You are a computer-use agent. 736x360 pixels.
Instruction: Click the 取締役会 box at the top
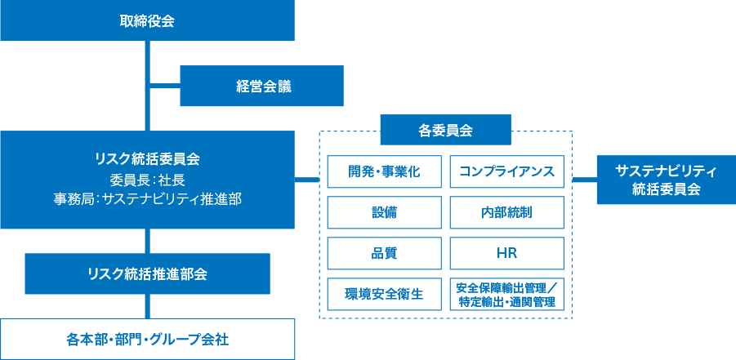pyautogui.click(x=147, y=20)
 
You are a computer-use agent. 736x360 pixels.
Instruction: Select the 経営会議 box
pyautogui.click(x=263, y=86)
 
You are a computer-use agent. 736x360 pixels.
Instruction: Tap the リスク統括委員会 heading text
pyautogui.click(x=147, y=158)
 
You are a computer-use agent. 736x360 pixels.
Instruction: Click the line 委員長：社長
pyautogui.click(x=147, y=179)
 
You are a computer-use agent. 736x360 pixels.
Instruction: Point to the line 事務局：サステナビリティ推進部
pyautogui.click(x=147, y=198)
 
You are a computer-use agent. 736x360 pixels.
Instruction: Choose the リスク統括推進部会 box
pyautogui.click(x=147, y=273)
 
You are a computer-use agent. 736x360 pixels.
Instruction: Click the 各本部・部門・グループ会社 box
pyautogui.click(x=147, y=339)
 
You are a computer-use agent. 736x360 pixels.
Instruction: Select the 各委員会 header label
pyautogui.click(x=445, y=130)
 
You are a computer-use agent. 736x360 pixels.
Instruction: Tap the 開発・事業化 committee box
pyautogui.click(x=384, y=171)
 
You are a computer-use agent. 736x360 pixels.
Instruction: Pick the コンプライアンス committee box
pyautogui.click(x=506, y=171)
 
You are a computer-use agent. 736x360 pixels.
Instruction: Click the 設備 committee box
pyautogui.click(x=384, y=212)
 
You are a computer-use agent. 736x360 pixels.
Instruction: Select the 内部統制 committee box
pyautogui.click(x=506, y=212)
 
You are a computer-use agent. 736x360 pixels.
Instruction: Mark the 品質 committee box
pyautogui.click(x=384, y=253)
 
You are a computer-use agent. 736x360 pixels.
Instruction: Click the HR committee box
pyautogui.click(x=506, y=253)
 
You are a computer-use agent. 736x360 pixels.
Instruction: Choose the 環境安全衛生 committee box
pyautogui.click(x=384, y=294)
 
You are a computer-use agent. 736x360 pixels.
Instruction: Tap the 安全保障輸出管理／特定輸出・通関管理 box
pyautogui.click(x=506, y=294)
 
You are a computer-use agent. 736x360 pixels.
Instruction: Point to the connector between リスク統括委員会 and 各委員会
pyautogui.click(x=306, y=179)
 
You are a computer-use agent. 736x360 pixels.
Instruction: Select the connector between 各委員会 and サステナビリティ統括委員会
pyautogui.click(x=585, y=179)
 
